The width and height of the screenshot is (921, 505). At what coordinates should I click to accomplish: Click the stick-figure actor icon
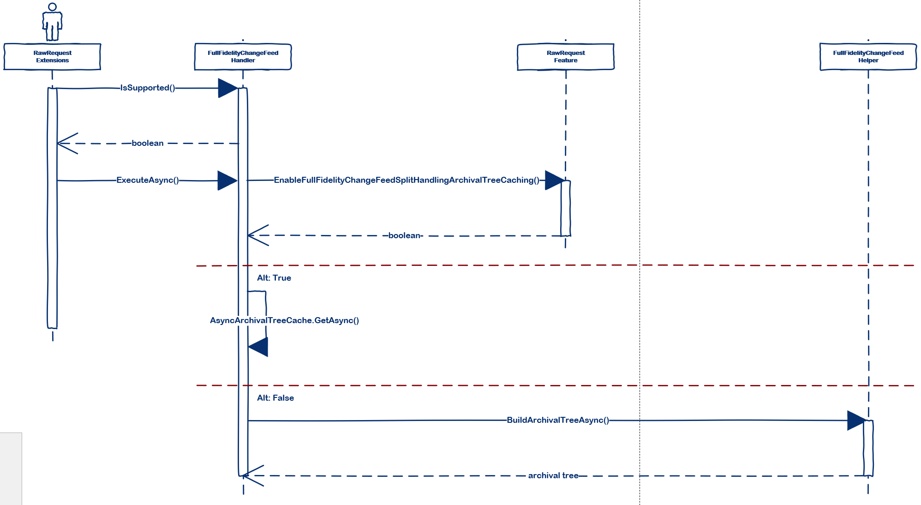click(x=52, y=22)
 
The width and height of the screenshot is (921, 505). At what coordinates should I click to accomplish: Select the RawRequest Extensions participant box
click(x=52, y=57)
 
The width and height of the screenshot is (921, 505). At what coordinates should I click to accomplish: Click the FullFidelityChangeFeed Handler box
click(x=243, y=57)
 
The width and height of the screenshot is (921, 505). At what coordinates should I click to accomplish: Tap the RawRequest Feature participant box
click(x=565, y=57)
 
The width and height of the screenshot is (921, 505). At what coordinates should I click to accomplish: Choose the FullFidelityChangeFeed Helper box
click(x=868, y=57)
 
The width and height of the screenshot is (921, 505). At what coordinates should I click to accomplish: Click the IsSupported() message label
click(x=148, y=88)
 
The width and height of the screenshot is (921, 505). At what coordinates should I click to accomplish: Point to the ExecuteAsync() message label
click(x=148, y=180)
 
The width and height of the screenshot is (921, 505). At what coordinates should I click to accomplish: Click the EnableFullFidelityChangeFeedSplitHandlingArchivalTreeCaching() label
click(x=407, y=180)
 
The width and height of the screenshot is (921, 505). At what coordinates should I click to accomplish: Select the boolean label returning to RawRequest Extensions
click(x=148, y=143)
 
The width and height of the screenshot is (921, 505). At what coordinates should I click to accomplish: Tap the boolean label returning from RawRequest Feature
click(x=404, y=235)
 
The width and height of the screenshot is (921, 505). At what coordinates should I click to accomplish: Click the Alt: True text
click(x=274, y=278)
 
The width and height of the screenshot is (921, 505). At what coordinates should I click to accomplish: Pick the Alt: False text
click(x=275, y=398)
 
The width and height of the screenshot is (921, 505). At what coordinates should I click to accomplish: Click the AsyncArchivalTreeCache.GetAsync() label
click(x=284, y=320)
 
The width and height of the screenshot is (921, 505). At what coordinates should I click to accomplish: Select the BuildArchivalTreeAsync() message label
click(x=557, y=420)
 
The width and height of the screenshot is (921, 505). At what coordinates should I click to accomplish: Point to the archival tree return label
click(x=553, y=475)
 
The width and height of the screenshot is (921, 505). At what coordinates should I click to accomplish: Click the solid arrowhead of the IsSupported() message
click(x=227, y=88)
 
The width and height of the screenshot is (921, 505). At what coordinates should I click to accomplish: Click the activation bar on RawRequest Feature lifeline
click(x=566, y=208)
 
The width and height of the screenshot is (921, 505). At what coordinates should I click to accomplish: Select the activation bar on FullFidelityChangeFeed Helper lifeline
click(x=868, y=448)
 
